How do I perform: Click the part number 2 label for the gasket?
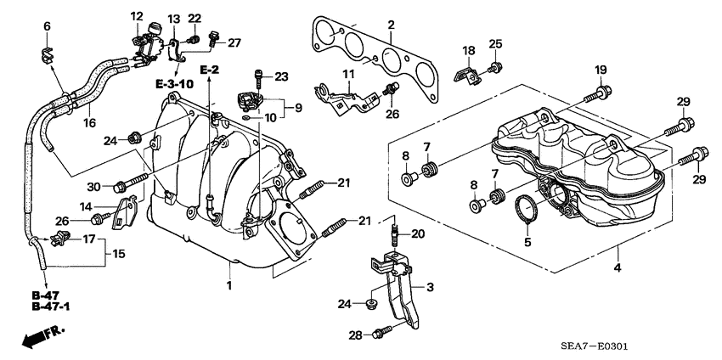coord(390,25)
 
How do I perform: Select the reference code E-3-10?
coord(173,83)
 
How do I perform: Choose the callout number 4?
coord(618,268)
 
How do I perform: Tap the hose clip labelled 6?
coord(47,56)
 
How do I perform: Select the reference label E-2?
coord(209,67)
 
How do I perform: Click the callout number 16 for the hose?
coord(88,122)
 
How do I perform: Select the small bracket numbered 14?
coord(125,213)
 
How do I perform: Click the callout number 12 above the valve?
coord(137,16)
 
